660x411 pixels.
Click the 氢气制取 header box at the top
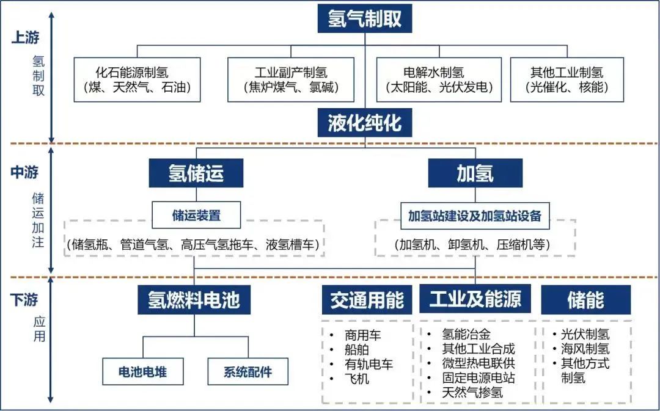tap(364, 18)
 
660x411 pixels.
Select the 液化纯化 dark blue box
tap(364, 123)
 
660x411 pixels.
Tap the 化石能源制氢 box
tap(137, 80)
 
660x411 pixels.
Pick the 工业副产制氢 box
tap(291, 80)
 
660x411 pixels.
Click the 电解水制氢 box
tap(439, 80)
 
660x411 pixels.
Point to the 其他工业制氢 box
tap(567, 80)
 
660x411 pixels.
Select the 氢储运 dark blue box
tap(196, 173)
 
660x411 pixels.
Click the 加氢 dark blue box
tap(475, 173)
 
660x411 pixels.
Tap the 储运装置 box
tap(196, 215)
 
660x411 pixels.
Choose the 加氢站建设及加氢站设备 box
tap(475, 216)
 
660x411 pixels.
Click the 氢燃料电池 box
tap(194, 300)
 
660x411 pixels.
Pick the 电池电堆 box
tap(143, 371)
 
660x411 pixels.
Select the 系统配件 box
tap(248, 371)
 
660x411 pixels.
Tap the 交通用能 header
tap(367, 300)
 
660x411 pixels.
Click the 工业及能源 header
tap(475, 299)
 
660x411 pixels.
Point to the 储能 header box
tap(586, 300)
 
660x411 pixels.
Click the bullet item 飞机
tap(356, 379)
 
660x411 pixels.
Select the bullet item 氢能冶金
tap(466, 335)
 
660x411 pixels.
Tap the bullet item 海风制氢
tap(585, 349)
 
